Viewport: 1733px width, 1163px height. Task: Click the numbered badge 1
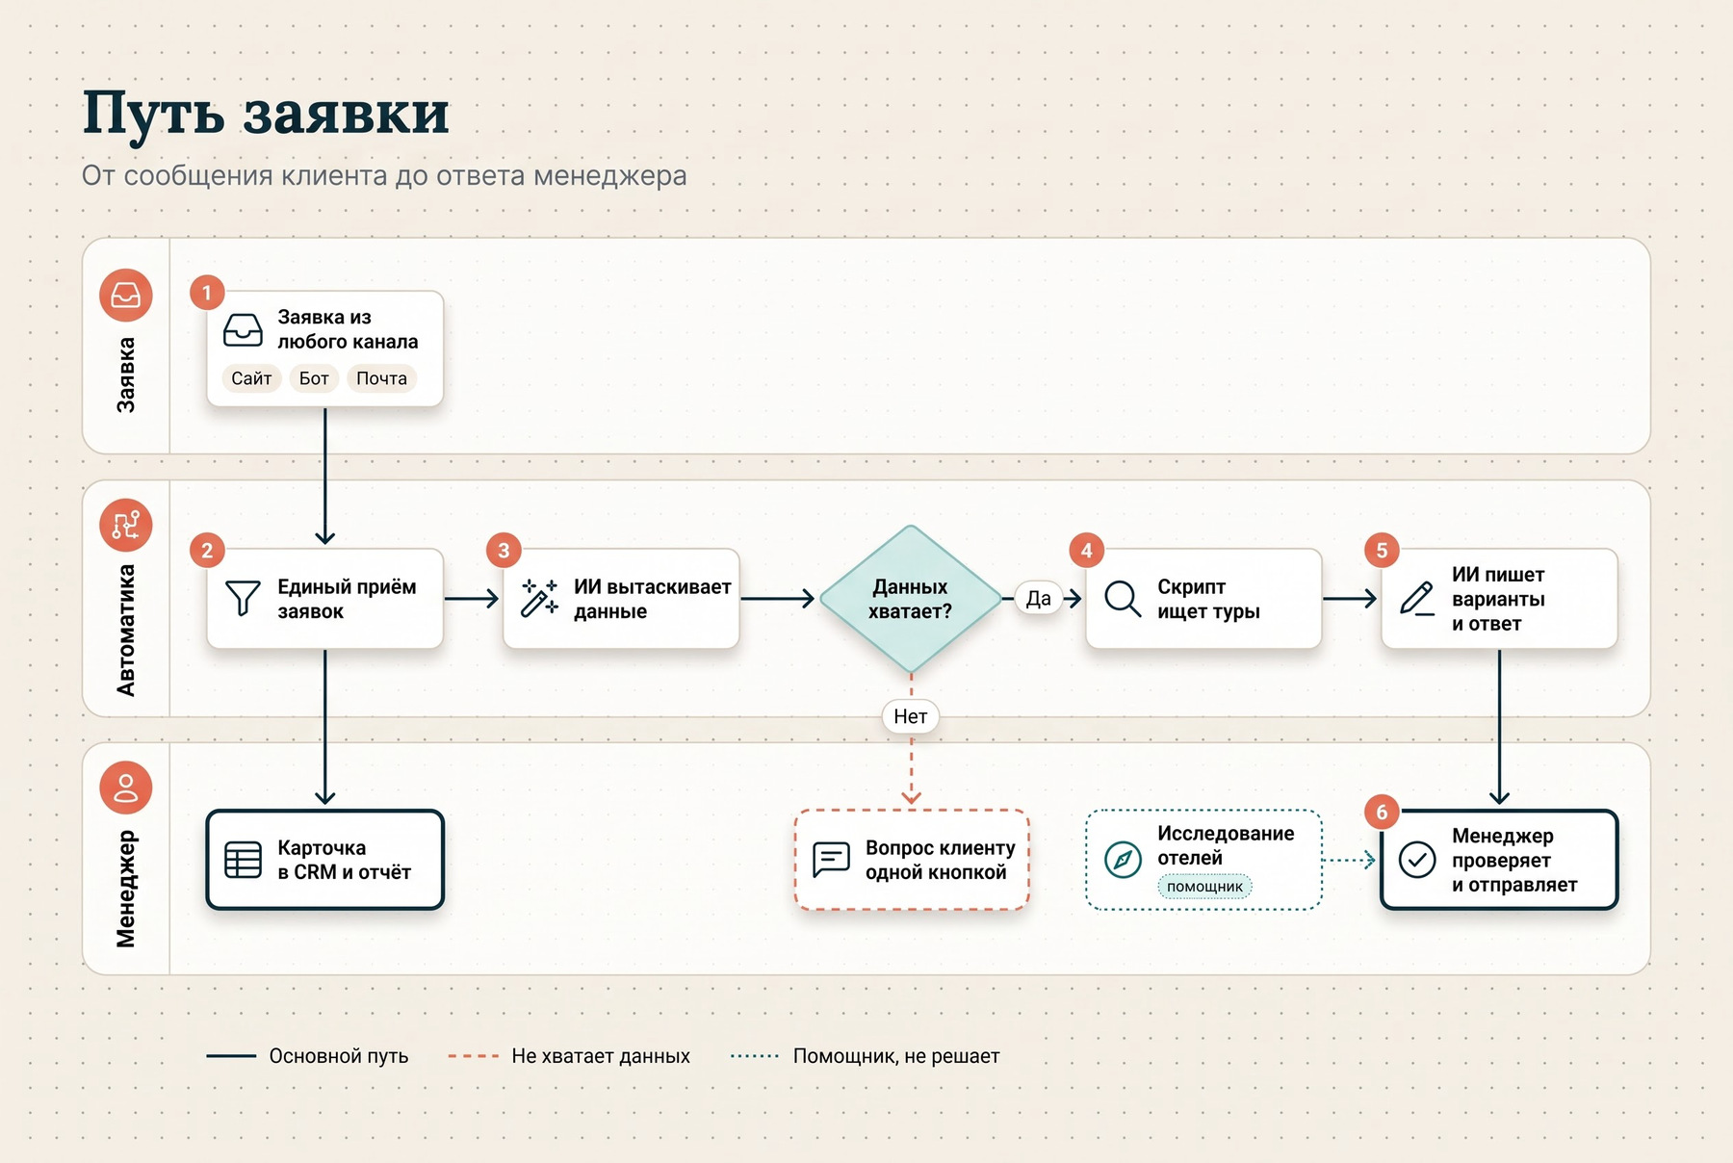click(x=206, y=293)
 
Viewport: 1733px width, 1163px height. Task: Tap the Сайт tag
click(x=251, y=378)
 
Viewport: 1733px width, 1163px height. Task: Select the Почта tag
click(x=381, y=378)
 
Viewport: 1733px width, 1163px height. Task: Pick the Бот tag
click(x=314, y=378)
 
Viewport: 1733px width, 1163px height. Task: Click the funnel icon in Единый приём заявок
click(x=243, y=598)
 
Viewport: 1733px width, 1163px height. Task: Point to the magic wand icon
click(x=539, y=598)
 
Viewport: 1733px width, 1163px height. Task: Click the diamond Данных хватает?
click(x=910, y=599)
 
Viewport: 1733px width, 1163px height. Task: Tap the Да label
click(x=1038, y=599)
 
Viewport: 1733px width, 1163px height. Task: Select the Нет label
click(x=910, y=716)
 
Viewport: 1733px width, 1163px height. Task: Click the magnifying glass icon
click(x=1123, y=598)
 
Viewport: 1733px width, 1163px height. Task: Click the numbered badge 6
click(x=1382, y=813)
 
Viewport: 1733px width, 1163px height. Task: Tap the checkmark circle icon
click(x=1417, y=860)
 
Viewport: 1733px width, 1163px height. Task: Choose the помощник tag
click(x=1204, y=887)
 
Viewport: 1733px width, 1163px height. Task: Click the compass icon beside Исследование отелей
click(x=1123, y=860)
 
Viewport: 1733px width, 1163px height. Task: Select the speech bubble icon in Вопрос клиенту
click(x=831, y=859)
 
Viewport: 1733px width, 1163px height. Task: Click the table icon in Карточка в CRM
click(x=243, y=860)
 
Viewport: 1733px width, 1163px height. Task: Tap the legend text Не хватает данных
click(x=601, y=1056)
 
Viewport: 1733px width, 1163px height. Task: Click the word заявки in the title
click(x=346, y=114)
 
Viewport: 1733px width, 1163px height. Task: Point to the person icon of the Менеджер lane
click(x=126, y=788)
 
